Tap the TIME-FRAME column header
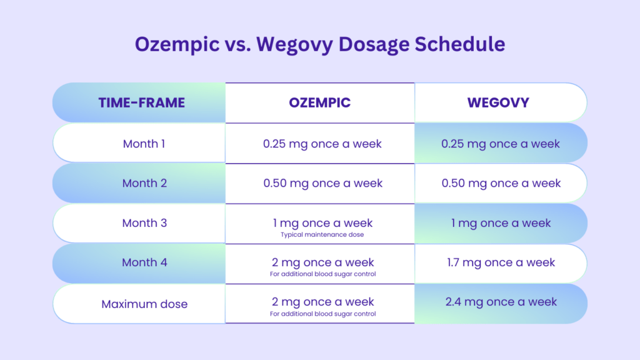point(141,102)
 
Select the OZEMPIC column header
point(319,102)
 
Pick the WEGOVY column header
point(498,102)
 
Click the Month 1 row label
point(144,144)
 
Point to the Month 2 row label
point(144,183)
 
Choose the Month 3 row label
point(144,223)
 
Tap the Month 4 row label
point(144,262)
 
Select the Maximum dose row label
point(144,304)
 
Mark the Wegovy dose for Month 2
point(501,183)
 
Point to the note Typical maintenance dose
point(322,234)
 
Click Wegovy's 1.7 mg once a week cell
point(501,262)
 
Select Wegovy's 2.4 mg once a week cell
point(501,302)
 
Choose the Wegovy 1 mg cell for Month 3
point(501,223)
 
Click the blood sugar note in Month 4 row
point(322,274)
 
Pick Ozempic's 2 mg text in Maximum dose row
point(322,302)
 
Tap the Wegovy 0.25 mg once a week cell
point(501,144)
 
